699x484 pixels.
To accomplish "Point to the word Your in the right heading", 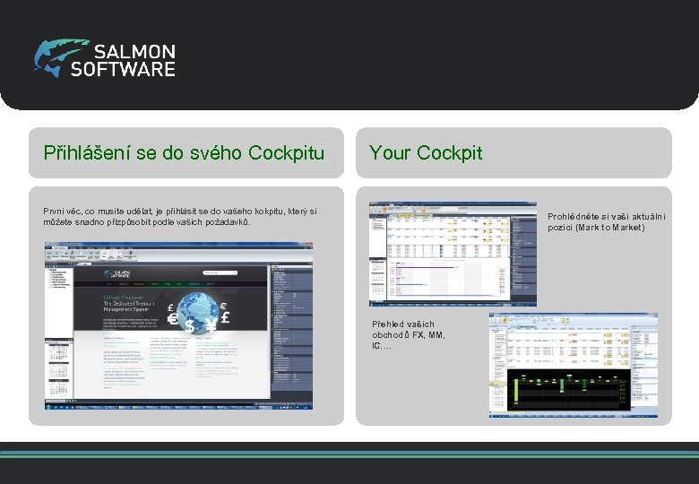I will [388, 153].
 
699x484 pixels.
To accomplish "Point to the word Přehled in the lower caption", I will [391, 324].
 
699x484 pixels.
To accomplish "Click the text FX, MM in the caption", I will [419, 335].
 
